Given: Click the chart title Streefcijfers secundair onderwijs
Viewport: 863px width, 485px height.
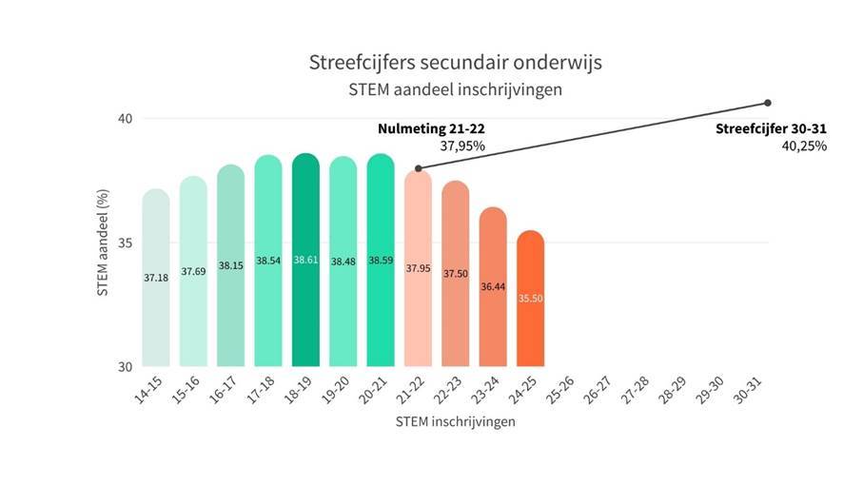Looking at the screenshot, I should tap(455, 64).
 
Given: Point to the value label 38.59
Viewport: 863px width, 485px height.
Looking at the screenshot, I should tap(380, 260).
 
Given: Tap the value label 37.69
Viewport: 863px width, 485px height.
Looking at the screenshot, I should tap(193, 271).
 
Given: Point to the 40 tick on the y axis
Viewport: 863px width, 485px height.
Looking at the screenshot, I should tap(124, 118).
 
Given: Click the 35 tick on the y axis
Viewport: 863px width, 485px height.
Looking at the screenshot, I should tap(124, 242).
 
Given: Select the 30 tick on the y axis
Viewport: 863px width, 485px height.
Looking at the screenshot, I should tap(124, 366).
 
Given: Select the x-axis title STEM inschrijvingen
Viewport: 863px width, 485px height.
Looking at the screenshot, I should tap(455, 421).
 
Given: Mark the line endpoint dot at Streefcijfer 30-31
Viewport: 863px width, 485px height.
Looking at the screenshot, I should tap(767, 103).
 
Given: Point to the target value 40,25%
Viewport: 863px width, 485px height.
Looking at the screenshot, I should tap(804, 146).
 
